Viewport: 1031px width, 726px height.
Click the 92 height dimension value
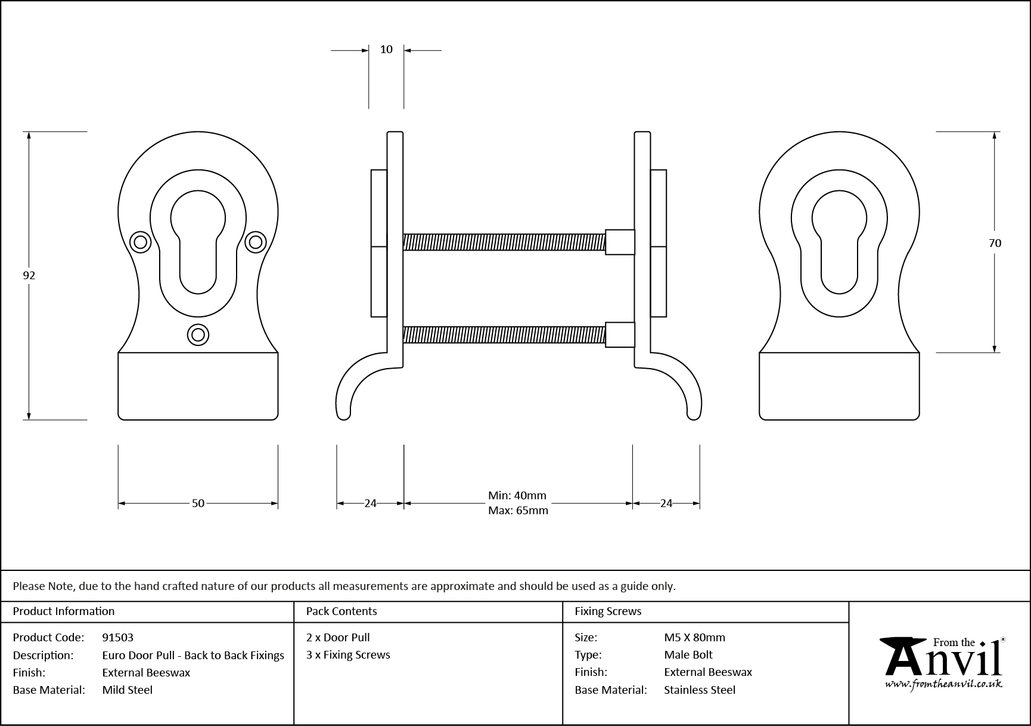point(29,276)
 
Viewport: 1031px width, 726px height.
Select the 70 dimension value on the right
point(995,243)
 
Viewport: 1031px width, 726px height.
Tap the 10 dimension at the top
point(386,50)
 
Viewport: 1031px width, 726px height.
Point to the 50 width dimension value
point(198,503)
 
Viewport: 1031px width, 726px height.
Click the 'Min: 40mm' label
point(517,496)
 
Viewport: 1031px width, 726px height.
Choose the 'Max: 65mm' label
point(518,511)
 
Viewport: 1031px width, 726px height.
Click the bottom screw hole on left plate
point(198,335)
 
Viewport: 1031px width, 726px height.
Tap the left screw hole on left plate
point(141,242)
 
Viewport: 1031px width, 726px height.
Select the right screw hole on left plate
point(255,242)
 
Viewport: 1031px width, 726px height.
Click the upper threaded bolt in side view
point(504,242)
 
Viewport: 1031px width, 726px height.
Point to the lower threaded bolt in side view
point(504,335)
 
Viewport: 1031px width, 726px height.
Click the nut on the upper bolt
point(620,242)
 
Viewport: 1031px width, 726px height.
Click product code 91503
point(118,637)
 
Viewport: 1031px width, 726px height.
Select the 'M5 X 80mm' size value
point(694,637)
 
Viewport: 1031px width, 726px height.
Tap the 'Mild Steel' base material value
point(128,690)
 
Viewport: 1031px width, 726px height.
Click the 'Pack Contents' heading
point(341,611)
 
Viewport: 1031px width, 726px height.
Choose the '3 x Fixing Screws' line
point(348,655)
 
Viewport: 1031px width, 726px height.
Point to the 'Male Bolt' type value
point(688,655)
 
